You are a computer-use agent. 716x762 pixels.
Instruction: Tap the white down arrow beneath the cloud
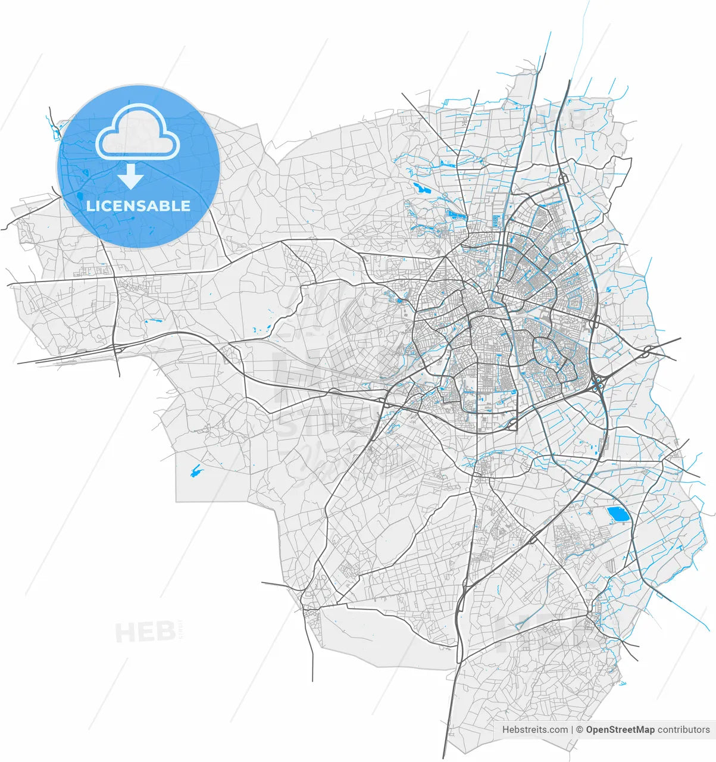click(130, 177)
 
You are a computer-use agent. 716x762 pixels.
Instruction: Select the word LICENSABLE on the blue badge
click(138, 206)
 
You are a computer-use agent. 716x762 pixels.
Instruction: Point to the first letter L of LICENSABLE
click(90, 206)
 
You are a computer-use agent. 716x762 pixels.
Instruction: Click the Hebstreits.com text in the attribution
click(534, 729)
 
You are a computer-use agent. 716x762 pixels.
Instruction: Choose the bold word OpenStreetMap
click(620, 729)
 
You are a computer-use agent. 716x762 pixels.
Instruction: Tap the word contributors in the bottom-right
click(684, 729)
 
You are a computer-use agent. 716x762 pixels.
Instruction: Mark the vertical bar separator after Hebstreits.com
click(572, 729)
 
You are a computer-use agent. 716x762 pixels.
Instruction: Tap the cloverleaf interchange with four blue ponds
click(597, 388)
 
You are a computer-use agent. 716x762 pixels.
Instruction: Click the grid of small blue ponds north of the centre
click(457, 214)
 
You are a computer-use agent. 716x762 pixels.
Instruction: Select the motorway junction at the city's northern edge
click(563, 179)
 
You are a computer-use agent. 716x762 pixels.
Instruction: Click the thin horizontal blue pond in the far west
click(154, 320)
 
